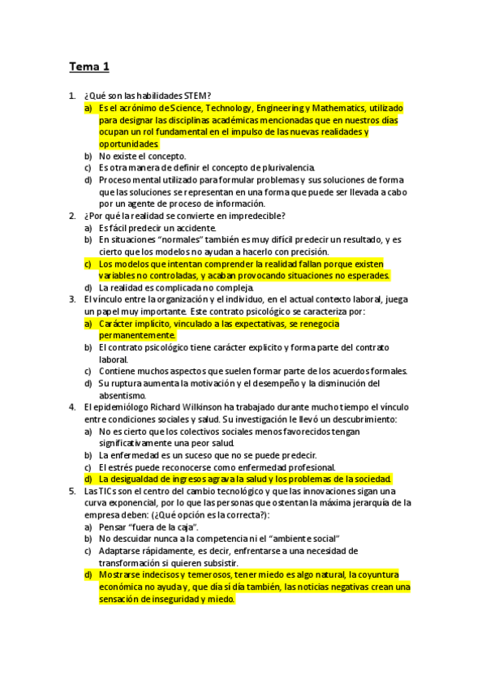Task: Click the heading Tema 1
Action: point(88,67)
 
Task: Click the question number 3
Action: point(72,299)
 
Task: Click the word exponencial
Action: point(122,503)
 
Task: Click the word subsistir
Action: point(218,563)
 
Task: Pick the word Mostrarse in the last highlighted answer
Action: point(120,574)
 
